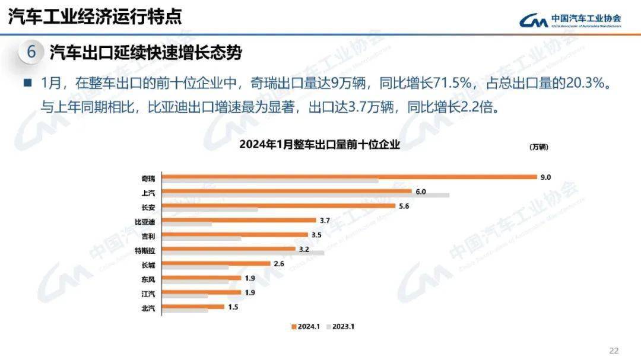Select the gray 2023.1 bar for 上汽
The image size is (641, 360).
click(306, 195)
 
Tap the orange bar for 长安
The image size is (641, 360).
click(278, 206)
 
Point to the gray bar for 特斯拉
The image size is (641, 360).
click(243, 253)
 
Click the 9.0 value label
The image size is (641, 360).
click(545, 177)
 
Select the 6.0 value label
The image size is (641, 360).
click(421, 192)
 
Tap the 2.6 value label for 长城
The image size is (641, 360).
click(280, 263)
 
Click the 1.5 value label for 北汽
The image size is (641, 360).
click(233, 307)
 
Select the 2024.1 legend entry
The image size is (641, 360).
click(305, 326)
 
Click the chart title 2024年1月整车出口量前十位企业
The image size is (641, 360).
click(319, 144)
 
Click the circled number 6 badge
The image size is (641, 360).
click(31, 52)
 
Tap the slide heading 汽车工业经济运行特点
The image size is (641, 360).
click(95, 17)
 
